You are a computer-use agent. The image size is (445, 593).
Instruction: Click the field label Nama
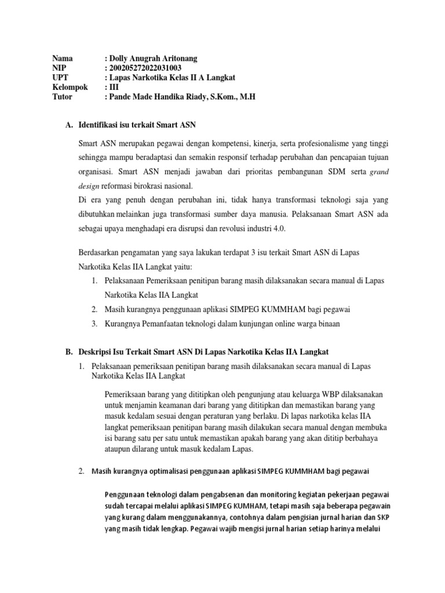tap(62, 58)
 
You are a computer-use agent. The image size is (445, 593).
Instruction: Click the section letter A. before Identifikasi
tap(66, 125)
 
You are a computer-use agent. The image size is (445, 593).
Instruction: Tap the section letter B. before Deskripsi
tap(66, 352)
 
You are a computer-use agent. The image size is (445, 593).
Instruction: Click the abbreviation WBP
tap(307, 394)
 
